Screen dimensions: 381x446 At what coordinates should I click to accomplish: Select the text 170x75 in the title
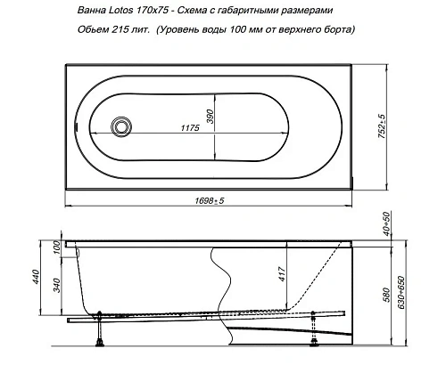click(153, 11)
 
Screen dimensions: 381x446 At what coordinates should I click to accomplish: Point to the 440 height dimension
click(37, 277)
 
